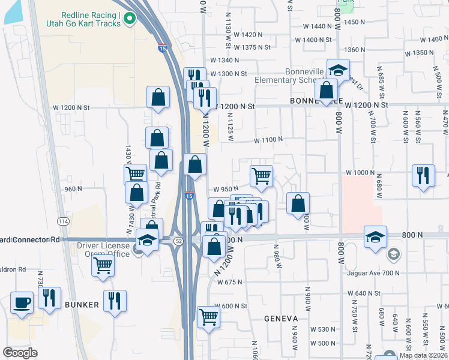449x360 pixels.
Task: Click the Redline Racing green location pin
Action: point(129,20)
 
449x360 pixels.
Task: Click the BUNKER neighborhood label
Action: point(82,305)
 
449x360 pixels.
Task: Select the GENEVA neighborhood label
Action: point(281,319)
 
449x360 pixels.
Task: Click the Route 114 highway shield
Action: point(63,221)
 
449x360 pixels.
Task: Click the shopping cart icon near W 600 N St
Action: point(208,316)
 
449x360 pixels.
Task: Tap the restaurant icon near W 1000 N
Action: point(423,175)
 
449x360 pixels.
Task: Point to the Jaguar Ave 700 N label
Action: point(373,273)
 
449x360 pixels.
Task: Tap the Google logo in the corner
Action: point(20,353)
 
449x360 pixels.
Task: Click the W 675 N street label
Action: point(229,281)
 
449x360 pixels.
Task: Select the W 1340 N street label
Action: point(224,60)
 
